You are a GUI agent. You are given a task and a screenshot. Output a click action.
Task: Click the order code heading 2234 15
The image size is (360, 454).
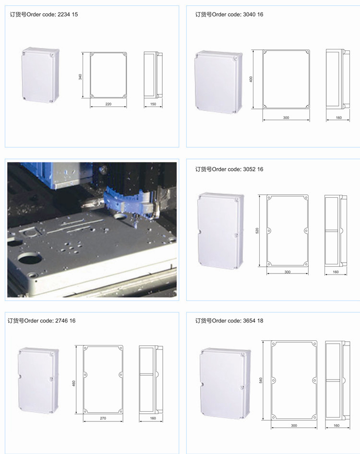tap(44, 14)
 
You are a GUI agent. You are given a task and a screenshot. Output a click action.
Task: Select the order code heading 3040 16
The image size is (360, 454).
tap(229, 14)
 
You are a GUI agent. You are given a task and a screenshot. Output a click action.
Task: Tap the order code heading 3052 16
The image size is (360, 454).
tap(229, 169)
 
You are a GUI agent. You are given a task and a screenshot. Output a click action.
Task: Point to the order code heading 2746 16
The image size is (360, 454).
tap(41, 321)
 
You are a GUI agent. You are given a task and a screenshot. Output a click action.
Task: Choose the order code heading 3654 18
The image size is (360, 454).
tap(229, 321)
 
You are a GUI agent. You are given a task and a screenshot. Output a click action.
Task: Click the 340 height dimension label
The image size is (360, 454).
tap(80, 77)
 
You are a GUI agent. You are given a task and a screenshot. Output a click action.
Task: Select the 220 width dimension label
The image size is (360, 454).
tap(108, 104)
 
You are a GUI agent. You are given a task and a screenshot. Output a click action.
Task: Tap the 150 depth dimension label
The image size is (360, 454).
tap(153, 104)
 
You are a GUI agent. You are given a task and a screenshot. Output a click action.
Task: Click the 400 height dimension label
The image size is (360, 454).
tap(251, 79)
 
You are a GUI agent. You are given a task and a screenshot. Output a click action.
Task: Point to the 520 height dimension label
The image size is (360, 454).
tap(257, 231)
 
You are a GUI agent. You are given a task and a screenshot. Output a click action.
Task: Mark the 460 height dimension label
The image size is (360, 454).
tap(73, 383)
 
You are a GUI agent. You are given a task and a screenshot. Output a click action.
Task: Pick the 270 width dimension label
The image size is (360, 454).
tap(103, 418)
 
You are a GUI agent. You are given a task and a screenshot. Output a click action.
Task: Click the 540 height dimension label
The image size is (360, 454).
tap(261, 381)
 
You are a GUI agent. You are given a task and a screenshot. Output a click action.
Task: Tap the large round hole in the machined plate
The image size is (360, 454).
tap(29, 257)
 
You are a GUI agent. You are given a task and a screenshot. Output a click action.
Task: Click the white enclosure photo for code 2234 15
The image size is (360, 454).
tap(40, 75)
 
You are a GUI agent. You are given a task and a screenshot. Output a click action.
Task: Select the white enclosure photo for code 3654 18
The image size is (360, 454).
tap(225, 383)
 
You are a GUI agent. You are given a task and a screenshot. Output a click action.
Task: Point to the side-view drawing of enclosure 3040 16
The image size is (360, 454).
tap(338, 79)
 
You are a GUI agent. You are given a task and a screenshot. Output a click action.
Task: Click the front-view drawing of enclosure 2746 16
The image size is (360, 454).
tap(103, 380)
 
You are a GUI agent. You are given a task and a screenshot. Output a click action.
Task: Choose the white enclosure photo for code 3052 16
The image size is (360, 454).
tap(221, 231)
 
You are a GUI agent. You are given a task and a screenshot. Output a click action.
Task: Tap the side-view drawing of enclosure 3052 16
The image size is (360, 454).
tap(336, 231)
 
